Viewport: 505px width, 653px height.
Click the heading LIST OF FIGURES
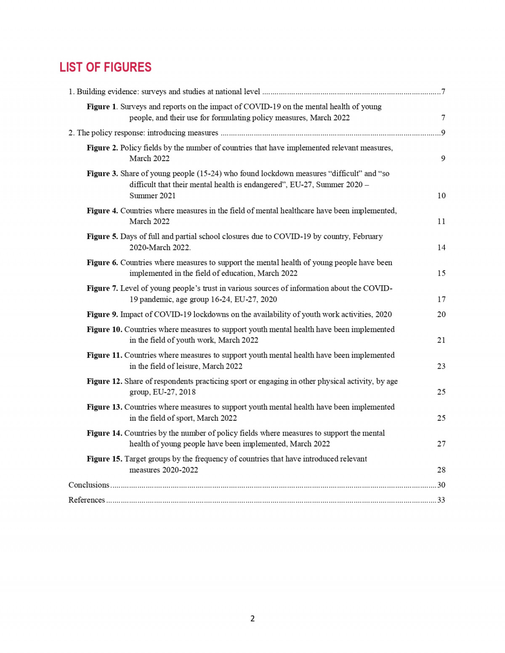105,67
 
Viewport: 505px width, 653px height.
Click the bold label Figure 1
101,107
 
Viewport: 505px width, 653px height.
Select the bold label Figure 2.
102,148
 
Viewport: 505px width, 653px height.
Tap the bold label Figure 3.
102,173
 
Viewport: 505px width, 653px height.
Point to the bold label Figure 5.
102,236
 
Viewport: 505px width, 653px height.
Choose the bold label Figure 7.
102,288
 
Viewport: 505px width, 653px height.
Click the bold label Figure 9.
102,314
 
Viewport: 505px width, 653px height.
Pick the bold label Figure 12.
104,381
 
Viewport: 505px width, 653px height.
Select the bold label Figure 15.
104,459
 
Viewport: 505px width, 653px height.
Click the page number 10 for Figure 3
441,196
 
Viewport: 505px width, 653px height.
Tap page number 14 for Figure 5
441,247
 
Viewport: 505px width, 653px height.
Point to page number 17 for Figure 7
441,299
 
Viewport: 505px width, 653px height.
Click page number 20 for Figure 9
441,314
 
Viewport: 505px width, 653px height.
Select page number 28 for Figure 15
441,470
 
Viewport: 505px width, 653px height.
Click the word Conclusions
89,485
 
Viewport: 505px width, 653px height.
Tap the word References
87,500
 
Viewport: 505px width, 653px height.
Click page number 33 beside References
441,500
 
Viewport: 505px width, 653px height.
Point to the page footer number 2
252,618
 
